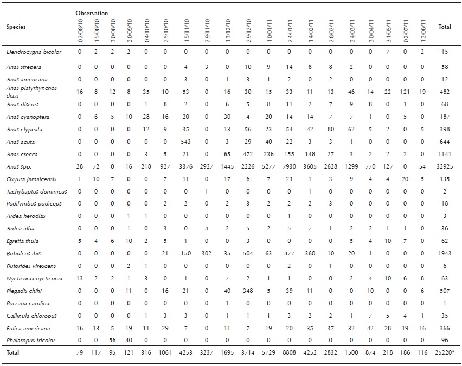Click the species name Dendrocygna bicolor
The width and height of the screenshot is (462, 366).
34,52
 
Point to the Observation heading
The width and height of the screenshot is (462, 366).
92,12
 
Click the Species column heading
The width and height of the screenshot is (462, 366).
16,27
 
